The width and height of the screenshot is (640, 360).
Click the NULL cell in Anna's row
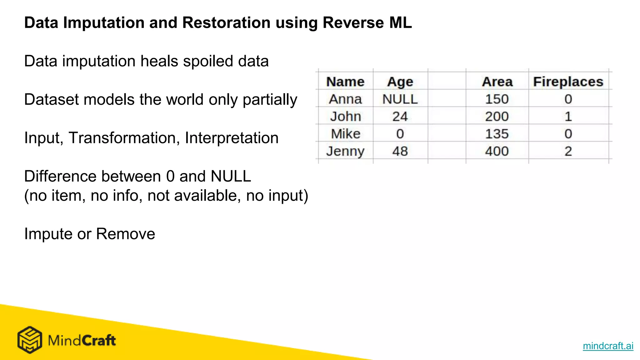(x=400, y=99)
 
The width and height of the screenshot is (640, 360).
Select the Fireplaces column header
(x=568, y=82)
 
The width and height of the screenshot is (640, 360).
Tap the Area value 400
(x=497, y=151)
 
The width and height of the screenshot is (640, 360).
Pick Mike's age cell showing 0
(x=400, y=134)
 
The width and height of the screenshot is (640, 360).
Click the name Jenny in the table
(x=345, y=152)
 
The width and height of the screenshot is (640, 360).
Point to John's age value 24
(x=400, y=117)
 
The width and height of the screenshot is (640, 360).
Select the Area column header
(x=497, y=82)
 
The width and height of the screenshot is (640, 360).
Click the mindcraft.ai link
(x=608, y=346)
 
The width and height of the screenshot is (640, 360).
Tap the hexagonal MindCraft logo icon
(x=30, y=340)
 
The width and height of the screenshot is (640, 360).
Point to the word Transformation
(x=124, y=138)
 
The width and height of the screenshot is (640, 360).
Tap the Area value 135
(x=497, y=134)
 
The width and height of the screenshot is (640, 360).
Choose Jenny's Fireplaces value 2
(x=568, y=151)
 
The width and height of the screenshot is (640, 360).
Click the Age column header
(x=400, y=82)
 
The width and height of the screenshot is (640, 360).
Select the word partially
(x=270, y=100)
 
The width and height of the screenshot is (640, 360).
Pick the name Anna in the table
(x=345, y=99)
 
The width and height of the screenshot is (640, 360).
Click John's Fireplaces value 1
(x=568, y=117)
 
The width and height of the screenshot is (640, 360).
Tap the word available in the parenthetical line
(x=207, y=196)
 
